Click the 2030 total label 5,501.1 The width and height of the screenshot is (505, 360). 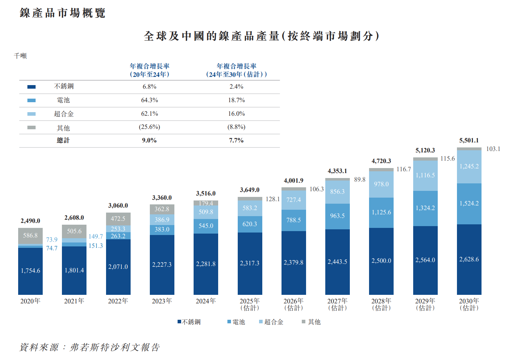point(469,141)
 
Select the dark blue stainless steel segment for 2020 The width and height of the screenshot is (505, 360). point(30,271)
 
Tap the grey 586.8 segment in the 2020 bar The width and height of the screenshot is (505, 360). point(30,235)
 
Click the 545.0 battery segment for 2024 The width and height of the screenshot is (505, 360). point(206,226)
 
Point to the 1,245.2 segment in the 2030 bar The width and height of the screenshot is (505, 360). point(469,166)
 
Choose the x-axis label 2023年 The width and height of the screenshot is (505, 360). point(162,301)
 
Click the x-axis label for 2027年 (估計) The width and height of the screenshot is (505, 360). point(337,304)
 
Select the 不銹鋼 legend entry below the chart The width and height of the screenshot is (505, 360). point(189,322)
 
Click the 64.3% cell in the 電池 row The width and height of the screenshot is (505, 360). point(149,100)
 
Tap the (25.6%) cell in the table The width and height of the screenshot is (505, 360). point(149,127)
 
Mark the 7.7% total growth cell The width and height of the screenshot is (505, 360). point(236,140)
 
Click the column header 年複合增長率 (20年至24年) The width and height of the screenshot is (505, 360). point(149,70)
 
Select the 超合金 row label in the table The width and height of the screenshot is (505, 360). point(64,114)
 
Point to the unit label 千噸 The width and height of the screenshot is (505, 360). point(20,56)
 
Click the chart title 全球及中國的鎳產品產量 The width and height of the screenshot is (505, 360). point(262,36)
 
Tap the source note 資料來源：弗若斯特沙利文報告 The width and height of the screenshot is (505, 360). point(90,347)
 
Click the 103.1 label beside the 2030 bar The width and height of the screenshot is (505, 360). point(493,149)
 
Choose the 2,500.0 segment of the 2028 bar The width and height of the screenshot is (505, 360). point(381,261)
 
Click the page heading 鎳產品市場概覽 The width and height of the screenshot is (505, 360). point(63,13)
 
